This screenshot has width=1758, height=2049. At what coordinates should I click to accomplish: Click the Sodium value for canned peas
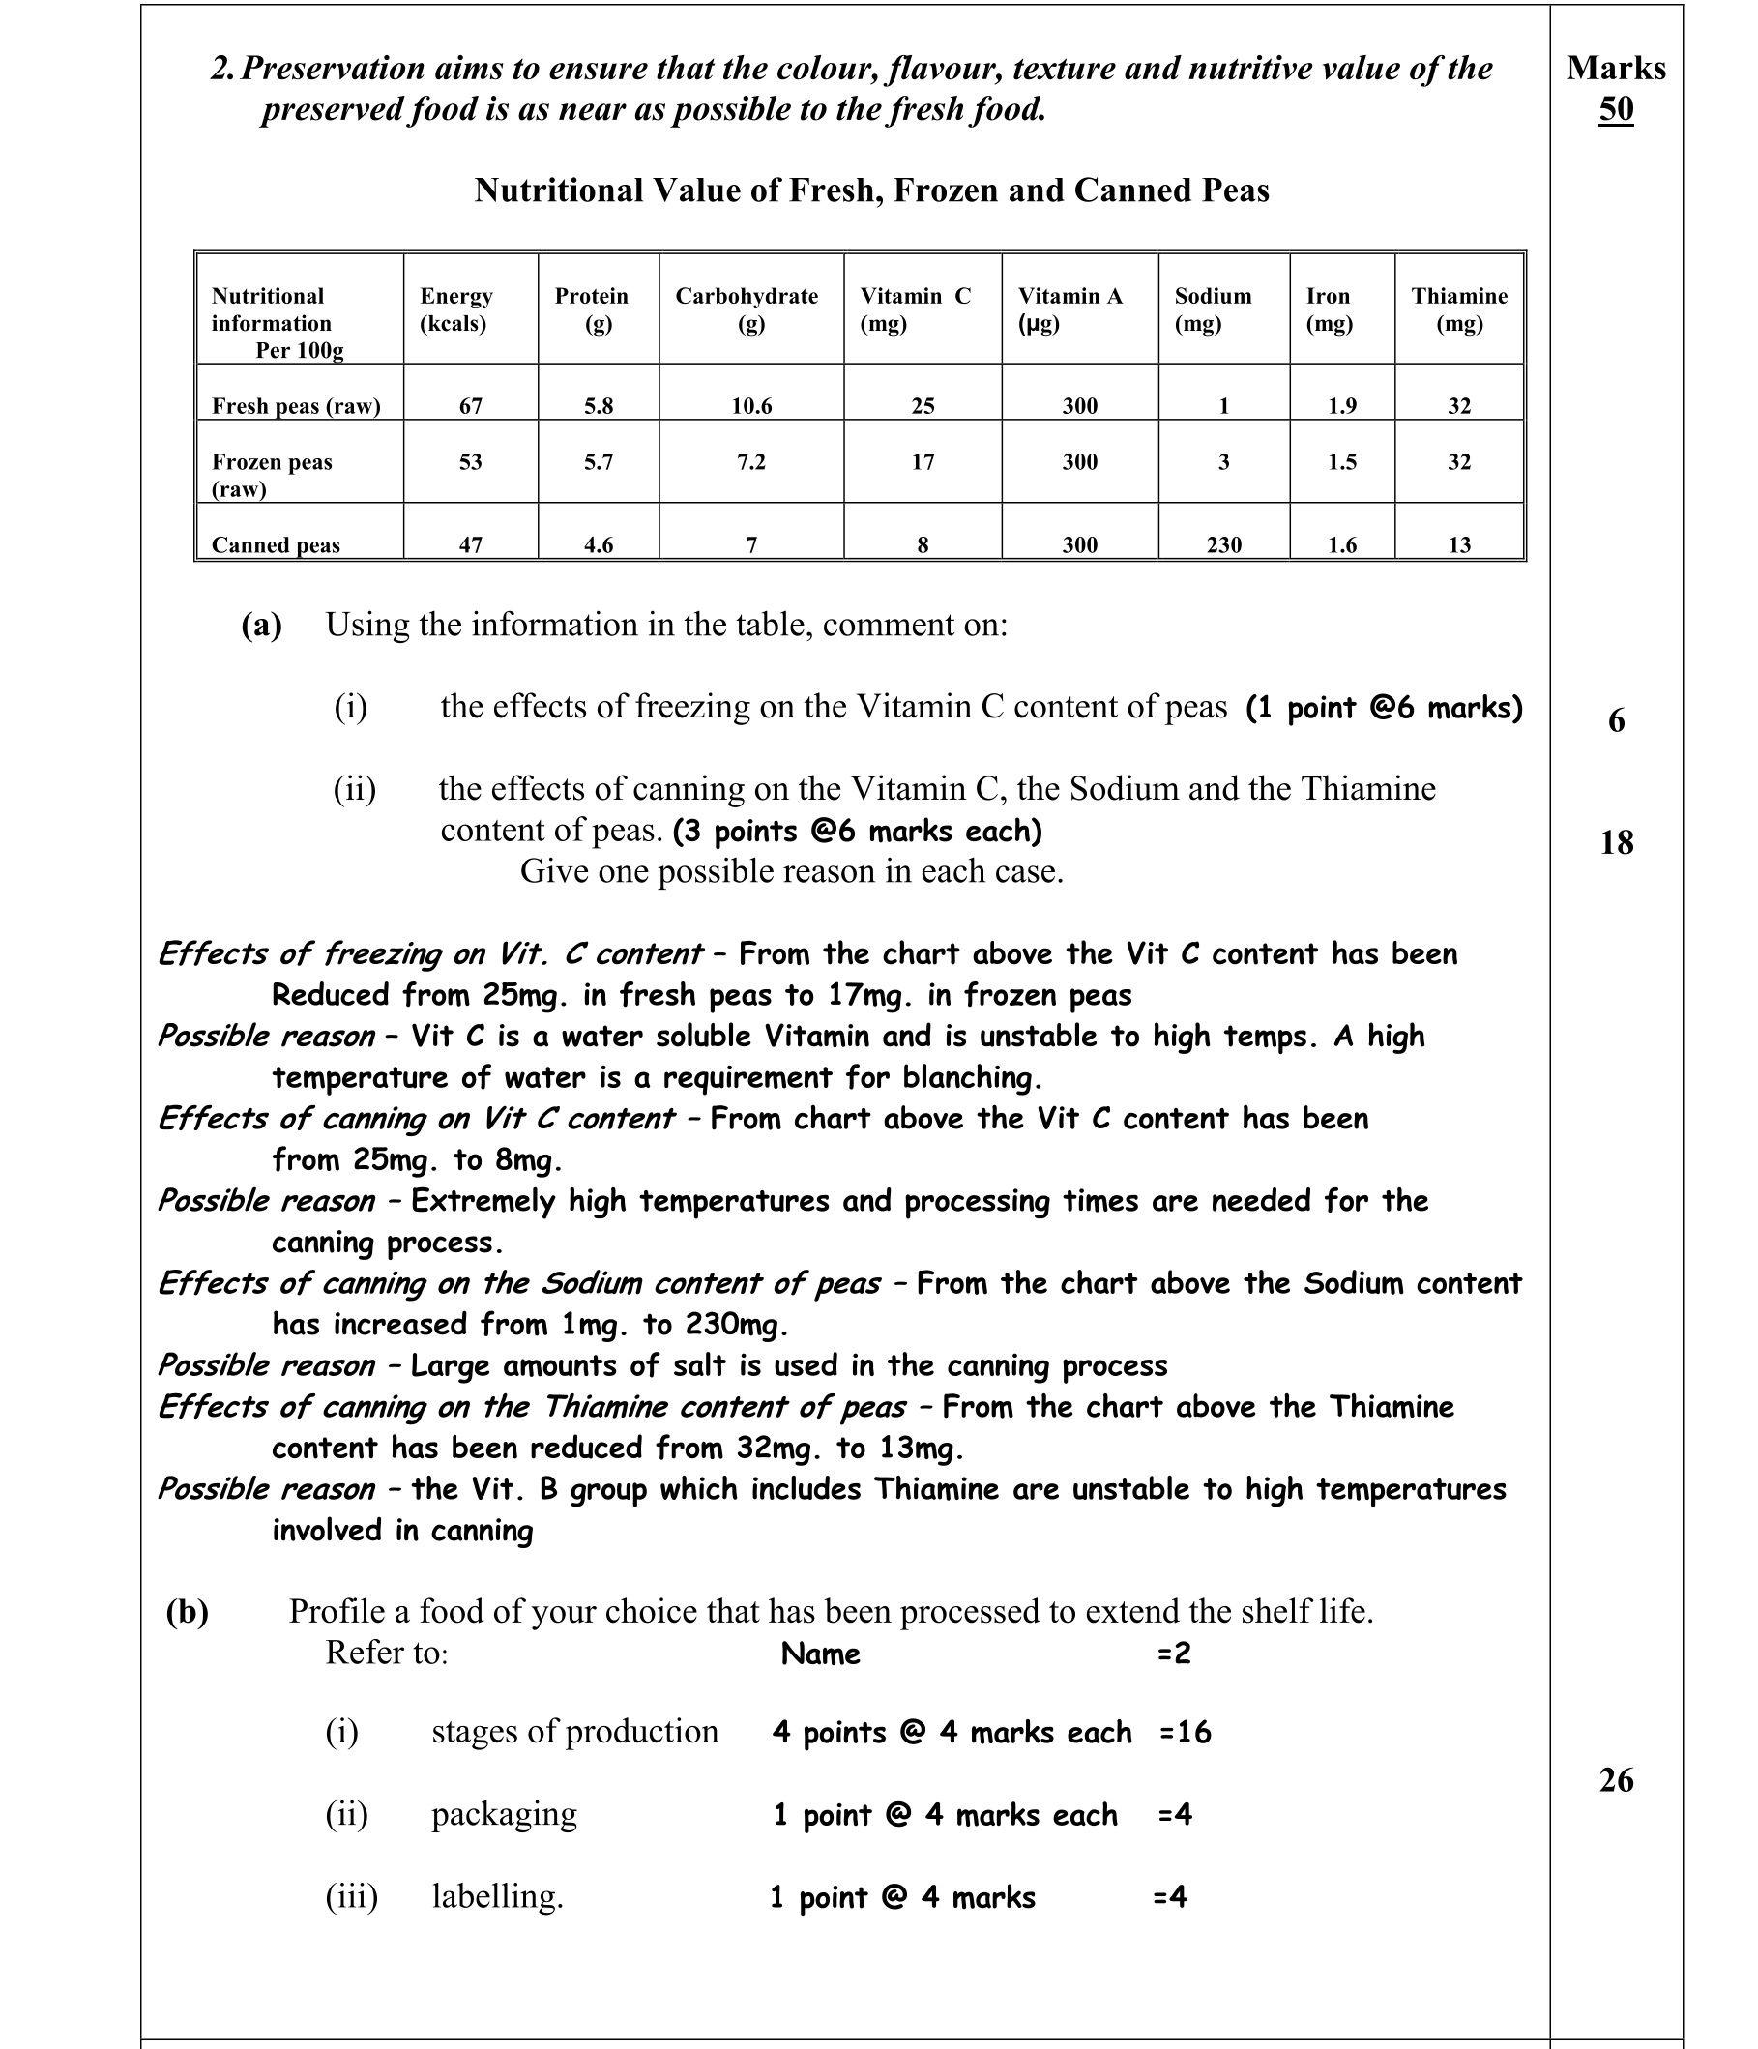coord(1223,544)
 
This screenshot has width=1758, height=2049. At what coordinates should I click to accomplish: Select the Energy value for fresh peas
coord(471,406)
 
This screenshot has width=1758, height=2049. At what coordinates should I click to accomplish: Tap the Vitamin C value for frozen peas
coord(923,462)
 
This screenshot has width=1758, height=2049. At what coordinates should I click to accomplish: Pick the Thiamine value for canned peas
coord(1459,544)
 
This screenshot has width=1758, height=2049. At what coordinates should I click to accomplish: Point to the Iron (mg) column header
coord(1329,309)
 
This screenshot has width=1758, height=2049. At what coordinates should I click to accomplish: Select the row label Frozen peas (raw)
coord(272,475)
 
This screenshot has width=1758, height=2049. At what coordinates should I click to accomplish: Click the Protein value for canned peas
coord(599,544)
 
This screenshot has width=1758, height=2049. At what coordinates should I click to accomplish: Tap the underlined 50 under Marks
coord(1616,108)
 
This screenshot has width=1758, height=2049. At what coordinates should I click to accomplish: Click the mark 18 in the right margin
coord(1616,842)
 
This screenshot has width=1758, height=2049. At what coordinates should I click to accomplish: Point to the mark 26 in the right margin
coord(1616,1780)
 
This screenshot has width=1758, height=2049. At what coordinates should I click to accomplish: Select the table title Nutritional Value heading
coord(871,190)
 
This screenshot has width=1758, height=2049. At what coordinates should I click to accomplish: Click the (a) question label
coord(262,625)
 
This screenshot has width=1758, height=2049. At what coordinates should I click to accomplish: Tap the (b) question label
coord(188,1612)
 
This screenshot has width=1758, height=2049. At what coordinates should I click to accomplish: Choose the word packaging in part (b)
coord(504,1814)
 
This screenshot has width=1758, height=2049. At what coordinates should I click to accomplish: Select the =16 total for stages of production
coord(1185,1733)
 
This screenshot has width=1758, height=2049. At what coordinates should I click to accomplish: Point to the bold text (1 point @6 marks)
coord(1384,708)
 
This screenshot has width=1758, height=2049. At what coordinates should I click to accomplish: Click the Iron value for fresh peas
coord(1342,406)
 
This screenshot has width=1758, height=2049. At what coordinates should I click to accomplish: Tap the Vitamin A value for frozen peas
coord(1080,462)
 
